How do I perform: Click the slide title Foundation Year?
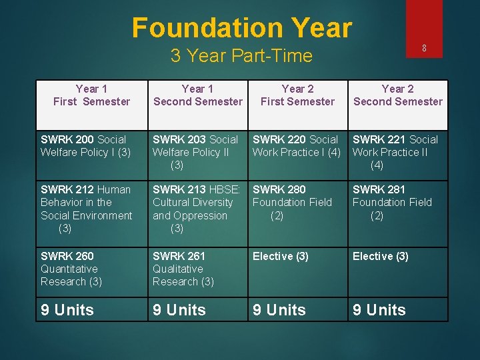(241, 28)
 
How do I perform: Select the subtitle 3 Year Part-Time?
(241, 56)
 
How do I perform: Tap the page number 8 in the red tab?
(424, 48)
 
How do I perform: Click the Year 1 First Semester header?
(92, 95)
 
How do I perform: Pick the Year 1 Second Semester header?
(198, 95)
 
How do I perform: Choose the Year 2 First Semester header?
(297, 95)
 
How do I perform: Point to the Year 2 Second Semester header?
(397, 95)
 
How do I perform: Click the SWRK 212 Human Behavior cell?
(86, 203)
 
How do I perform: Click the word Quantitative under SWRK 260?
(69, 269)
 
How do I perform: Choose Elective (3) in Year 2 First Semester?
(280, 256)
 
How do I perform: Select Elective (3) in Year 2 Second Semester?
(380, 256)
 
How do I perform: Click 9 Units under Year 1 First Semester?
(67, 310)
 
